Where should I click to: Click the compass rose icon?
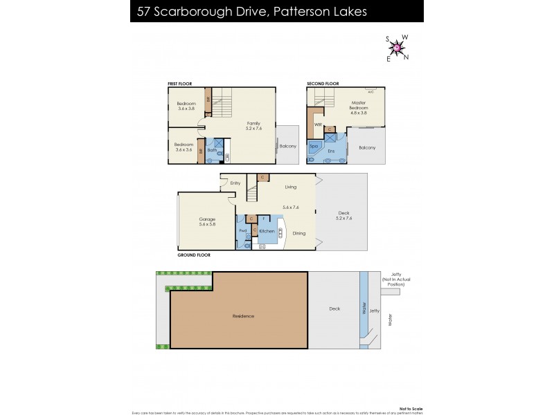[x=397, y=47]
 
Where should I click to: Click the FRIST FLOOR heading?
[x=179, y=84]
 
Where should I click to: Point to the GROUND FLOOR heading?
[x=194, y=255]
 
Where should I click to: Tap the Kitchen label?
[x=267, y=232]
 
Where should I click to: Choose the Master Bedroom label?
[x=358, y=105]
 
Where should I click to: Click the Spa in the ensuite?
[x=313, y=147]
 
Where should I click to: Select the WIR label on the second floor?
[x=318, y=125]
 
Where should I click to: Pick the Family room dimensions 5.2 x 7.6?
[x=256, y=128]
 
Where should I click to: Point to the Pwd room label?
[x=242, y=231]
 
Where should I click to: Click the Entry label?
[x=235, y=183]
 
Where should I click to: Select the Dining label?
[x=298, y=234]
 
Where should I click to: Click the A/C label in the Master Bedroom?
[x=371, y=91]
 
